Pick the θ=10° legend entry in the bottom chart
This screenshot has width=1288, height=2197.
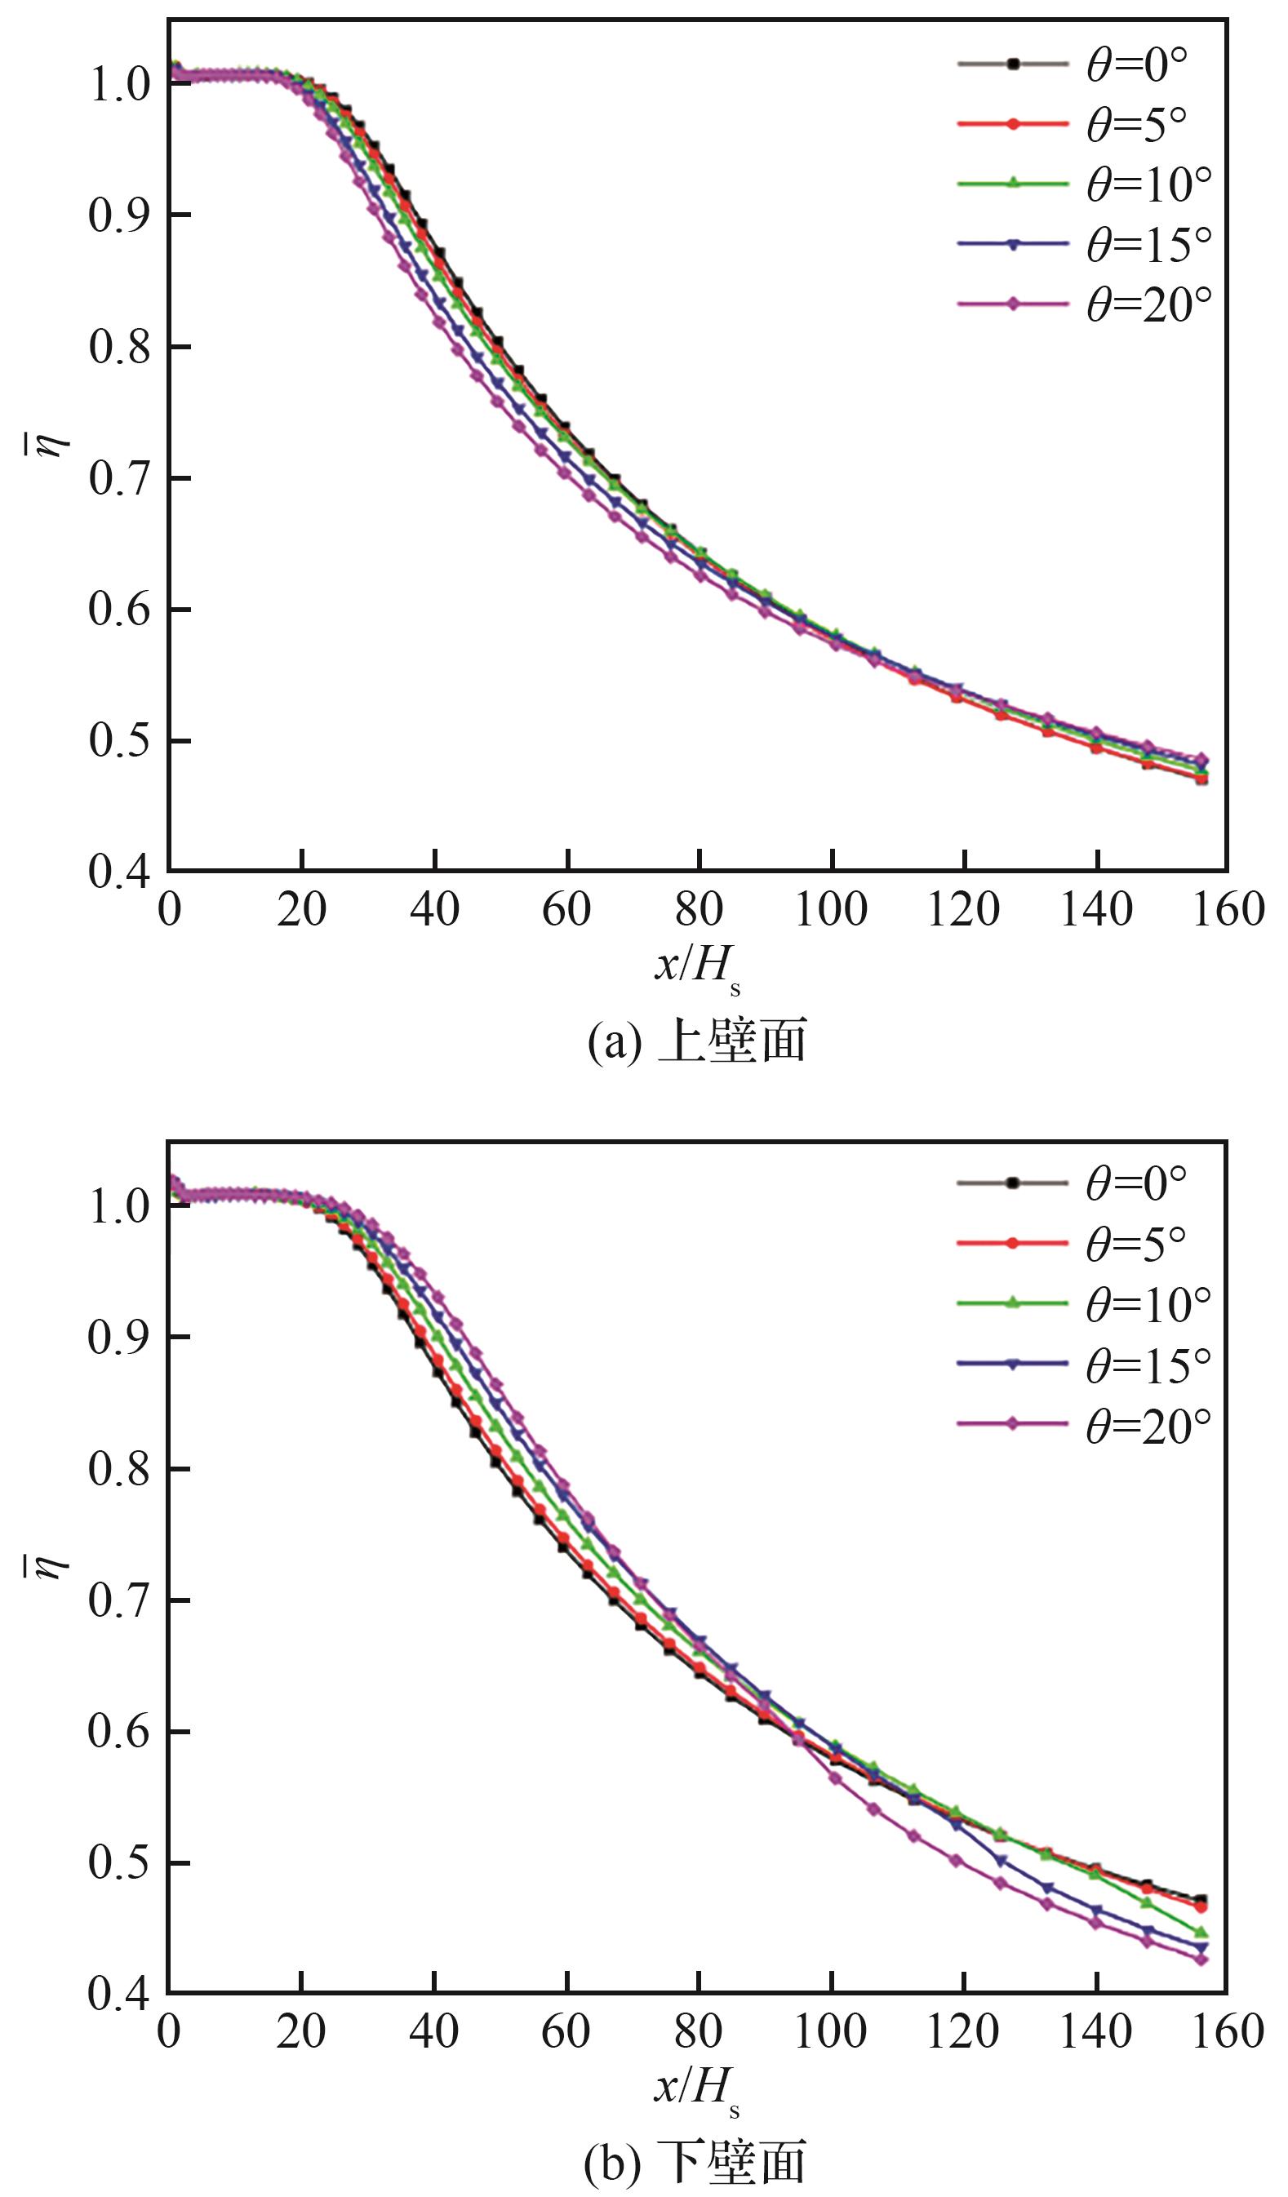point(1148,1303)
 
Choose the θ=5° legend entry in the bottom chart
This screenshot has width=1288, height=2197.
point(1135,1243)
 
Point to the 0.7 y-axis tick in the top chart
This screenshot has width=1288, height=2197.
point(118,478)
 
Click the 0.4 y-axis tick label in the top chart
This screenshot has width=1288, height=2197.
point(118,872)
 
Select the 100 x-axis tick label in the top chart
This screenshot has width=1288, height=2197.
point(831,910)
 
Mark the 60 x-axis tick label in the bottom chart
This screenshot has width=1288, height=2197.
point(566,2031)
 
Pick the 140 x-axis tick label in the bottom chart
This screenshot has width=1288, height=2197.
point(1095,2031)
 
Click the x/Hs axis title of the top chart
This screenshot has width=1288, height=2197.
point(697,968)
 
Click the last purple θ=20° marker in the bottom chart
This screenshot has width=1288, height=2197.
point(1201,1959)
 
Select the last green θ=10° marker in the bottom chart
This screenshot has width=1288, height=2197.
point(1201,1932)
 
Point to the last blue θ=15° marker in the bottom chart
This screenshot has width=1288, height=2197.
point(1201,1946)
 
